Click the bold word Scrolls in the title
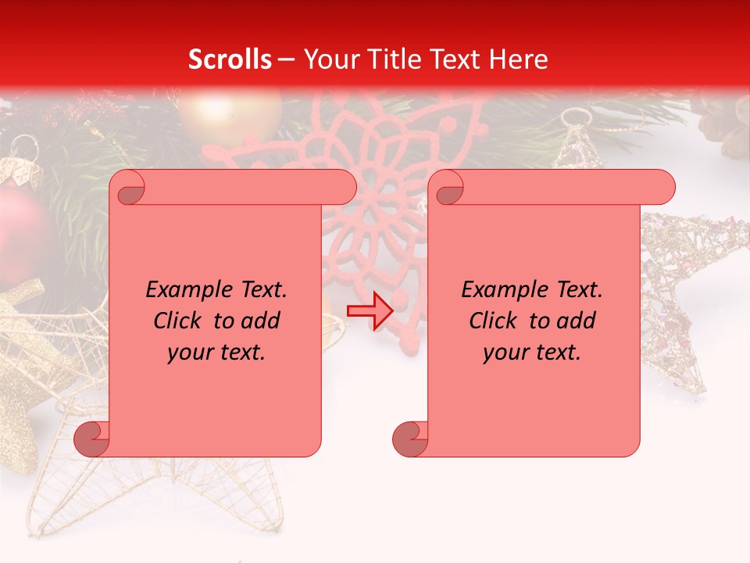click(x=230, y=59)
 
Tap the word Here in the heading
click(x=519, y=59)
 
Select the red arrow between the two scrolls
click(x=370, y=311)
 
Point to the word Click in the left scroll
click(x=179, y=321)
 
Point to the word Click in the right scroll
click(x=495, y=321)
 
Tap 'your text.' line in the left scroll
click(x=216, y=352)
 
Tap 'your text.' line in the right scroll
click(x=532, y=352)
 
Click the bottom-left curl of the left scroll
click(x=91, y=439)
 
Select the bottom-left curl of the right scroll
click(x=410, y=439)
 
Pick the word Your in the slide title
click(x=328, y=59)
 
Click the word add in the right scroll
click(x=577, y=321)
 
